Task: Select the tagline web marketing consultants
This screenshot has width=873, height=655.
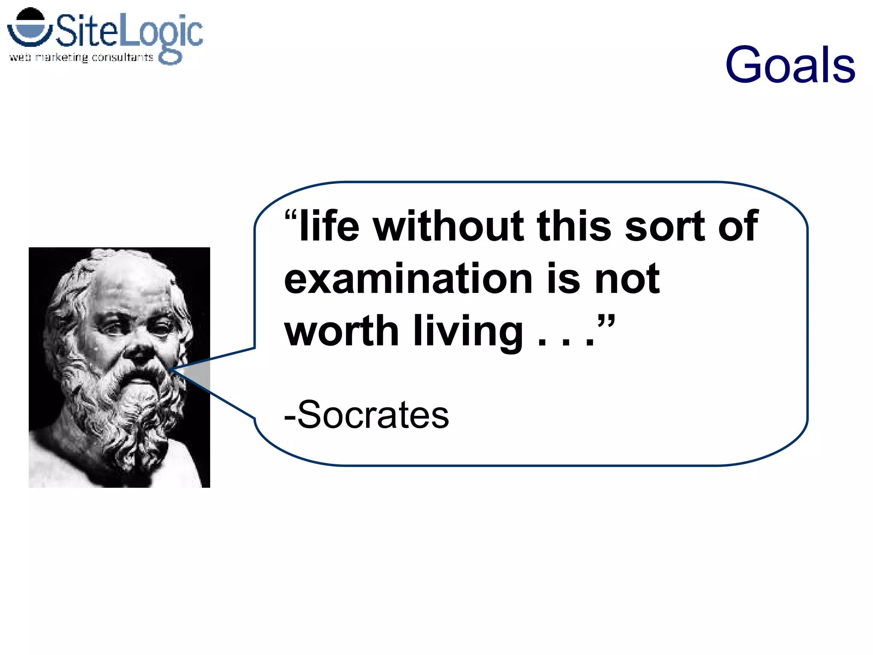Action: click(x=81, y=57)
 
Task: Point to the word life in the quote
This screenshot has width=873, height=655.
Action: click(x=329, y=226)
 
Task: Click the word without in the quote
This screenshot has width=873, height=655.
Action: click(x=448, y=226)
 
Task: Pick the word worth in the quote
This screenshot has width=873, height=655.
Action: click(x=341, y=331)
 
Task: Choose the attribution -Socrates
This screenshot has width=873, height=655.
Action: click(x=367, y=414)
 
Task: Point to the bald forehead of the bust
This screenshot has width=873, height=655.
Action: click(x=128, y=281)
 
